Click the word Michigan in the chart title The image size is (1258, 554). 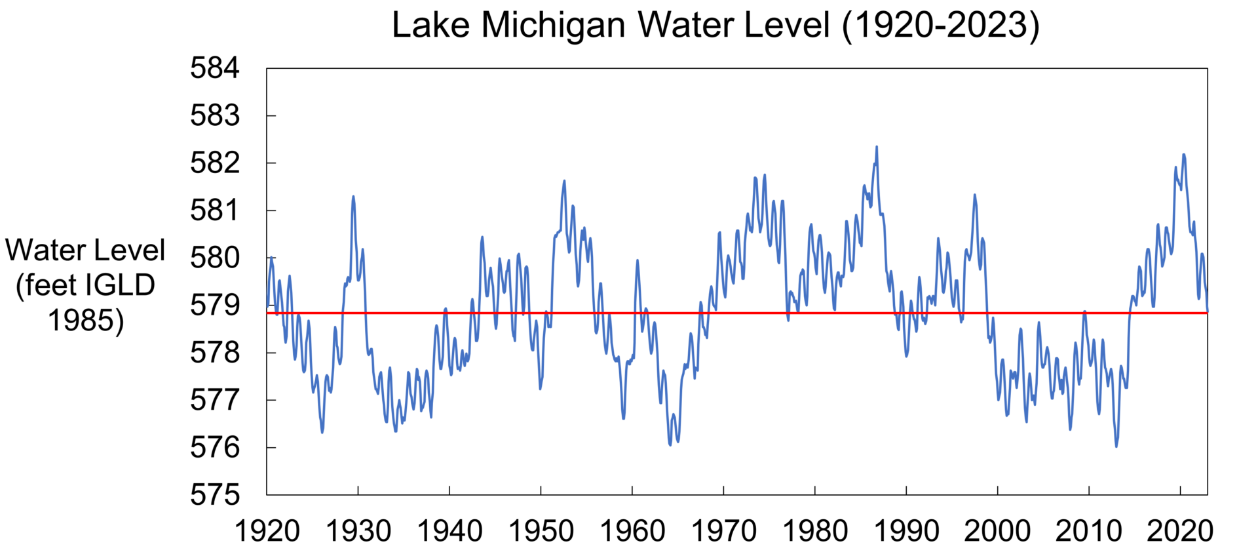pos(554,25)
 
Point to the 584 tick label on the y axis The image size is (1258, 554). pos(215,68)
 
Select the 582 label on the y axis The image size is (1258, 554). pos(215,163)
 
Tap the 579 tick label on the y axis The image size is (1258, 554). pos(215,306)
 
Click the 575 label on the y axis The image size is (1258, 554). pos(215,495)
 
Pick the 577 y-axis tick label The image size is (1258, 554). pos(215,400)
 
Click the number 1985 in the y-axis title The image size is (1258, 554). pos(85,321)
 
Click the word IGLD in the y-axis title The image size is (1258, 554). pos(123,286)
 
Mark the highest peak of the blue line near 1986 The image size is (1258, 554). pos(877,148)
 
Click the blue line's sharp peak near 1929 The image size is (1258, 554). pos(353,196)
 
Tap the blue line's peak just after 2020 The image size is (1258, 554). pos(1183,155)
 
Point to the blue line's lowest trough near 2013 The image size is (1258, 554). pos(1116,446)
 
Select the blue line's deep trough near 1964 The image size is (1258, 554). pos(670,445)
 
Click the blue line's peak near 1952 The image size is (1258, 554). pos(564,181)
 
